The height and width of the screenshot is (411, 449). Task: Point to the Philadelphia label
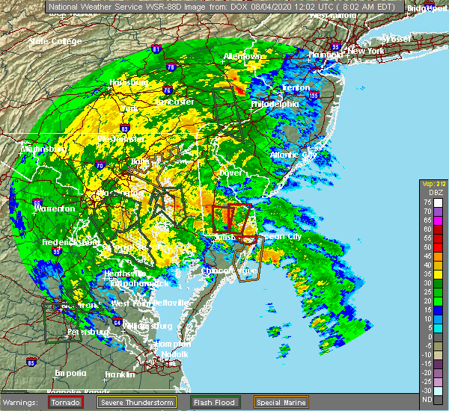pyautogui.click(x=275, y=104)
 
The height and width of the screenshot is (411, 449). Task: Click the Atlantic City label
pyautogui.click(x=293, y=155)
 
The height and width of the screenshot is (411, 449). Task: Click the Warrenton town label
pyautogui.click(x=55, y=208)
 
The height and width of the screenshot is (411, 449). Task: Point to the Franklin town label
pyautogui.click(x=120, y=374)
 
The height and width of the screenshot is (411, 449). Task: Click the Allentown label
pyautogui.click(x=243, y=57)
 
